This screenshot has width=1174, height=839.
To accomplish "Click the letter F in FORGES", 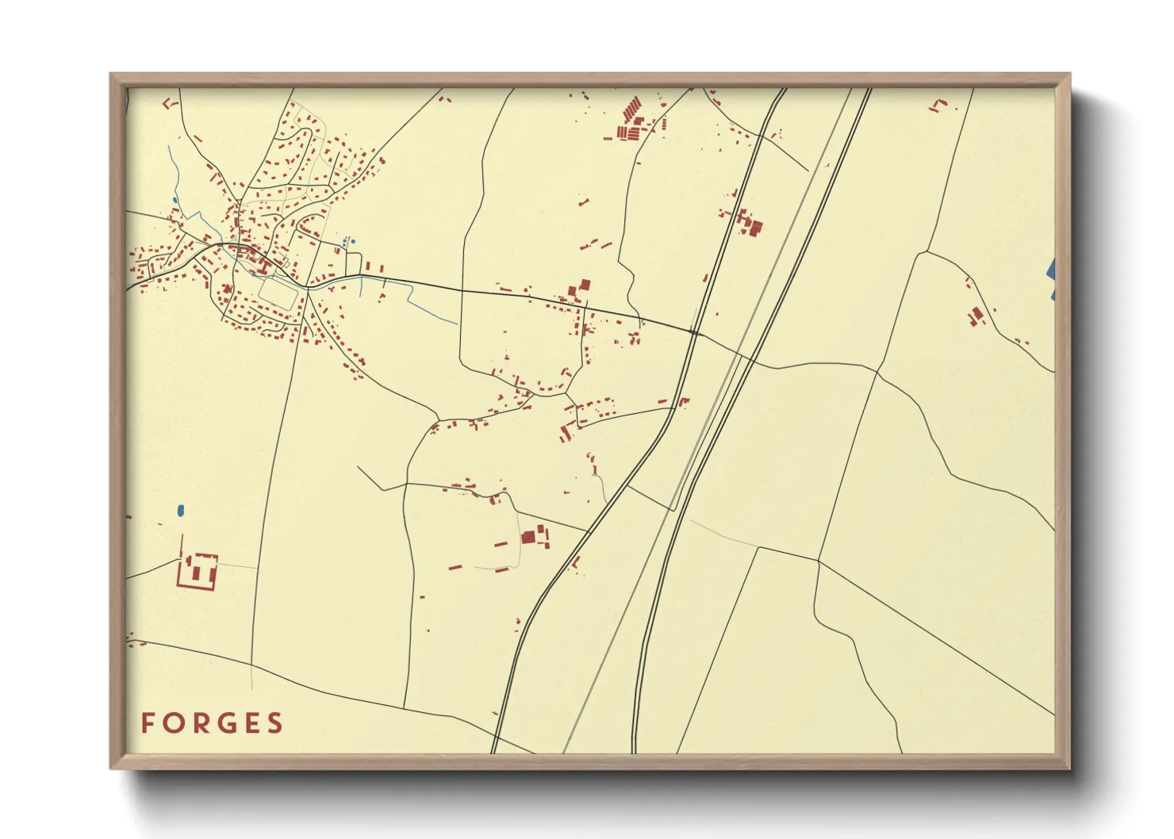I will pos(148,723).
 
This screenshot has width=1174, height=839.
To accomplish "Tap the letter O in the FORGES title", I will pos(173,723).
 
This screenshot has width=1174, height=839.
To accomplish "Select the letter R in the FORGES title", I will pos(198,723).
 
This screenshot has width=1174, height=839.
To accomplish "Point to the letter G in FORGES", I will pos(224,723).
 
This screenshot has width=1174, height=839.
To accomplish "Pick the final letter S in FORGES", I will pos(275,723).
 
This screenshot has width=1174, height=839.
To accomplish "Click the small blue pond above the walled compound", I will pos(181,511).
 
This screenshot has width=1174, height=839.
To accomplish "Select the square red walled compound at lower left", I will pos(197,571).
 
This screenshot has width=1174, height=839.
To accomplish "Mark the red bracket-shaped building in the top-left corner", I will pos(167,103).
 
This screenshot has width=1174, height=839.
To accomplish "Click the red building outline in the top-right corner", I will pos(939,105).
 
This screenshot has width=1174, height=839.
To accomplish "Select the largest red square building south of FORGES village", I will pos(528,538).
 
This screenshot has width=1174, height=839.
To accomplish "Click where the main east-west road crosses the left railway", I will pos(693,333).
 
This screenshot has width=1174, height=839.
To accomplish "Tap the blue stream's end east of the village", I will pos(457,323).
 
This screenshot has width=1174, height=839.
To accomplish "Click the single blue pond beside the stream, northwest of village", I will pos(175,200).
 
